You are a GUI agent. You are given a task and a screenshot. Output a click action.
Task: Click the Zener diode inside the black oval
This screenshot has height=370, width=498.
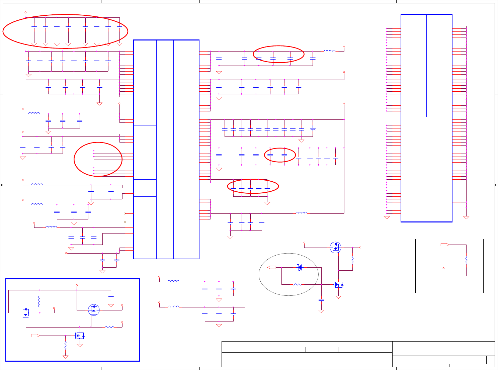tap(300, 267)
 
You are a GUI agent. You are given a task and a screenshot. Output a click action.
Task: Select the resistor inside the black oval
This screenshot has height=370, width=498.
tap(297, 285)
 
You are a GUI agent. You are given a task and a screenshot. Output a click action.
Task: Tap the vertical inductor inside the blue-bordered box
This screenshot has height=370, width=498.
tap(39, 301)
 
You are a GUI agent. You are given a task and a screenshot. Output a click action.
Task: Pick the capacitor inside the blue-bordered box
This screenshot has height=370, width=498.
tap(111, 297)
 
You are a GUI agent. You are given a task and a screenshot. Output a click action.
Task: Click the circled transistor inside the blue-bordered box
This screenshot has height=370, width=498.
tap(94, 310)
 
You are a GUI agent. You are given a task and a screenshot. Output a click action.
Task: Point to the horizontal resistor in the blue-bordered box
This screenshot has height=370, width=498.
tap(109, 327)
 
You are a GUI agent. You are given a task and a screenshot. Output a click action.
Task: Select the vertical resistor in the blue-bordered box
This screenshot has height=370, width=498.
tap(65, 345)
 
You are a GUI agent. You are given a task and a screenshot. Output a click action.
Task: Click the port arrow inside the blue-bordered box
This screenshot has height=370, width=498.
tap(35, 335)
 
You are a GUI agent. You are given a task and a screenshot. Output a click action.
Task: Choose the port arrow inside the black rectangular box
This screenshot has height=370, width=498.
tap(445, 245)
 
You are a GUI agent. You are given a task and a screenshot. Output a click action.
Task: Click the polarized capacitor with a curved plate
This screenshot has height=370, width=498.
tap(313, 129)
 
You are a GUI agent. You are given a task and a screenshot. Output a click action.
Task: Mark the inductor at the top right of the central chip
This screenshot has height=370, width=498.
tap(330, 51)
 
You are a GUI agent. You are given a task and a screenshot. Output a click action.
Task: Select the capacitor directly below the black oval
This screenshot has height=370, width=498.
tap(321, 300)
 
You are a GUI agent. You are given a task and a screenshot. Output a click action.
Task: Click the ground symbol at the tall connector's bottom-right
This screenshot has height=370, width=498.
tap(466, 217)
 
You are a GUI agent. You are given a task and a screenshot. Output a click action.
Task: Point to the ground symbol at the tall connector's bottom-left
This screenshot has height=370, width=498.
tap(387, 217)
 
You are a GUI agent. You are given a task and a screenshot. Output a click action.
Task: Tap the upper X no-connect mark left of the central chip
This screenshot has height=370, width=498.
tap(125, 213)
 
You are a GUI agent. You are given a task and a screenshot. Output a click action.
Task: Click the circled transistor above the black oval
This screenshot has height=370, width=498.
tap(335, 247)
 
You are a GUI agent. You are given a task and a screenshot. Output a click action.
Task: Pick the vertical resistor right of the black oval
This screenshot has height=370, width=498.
tap(352, 260)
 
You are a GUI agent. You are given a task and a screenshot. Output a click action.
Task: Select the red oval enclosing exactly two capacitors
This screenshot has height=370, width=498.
tap(280, 155)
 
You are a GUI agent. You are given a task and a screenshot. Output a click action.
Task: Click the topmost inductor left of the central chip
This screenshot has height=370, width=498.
tap(34, 113)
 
